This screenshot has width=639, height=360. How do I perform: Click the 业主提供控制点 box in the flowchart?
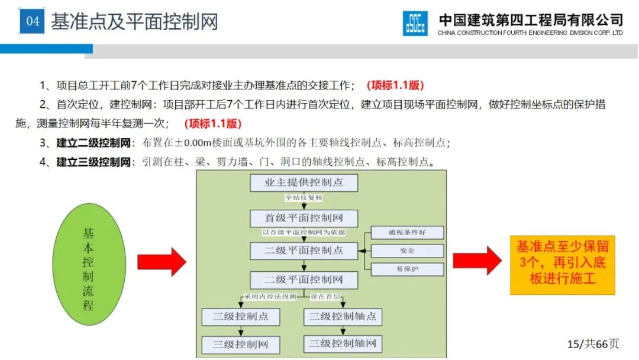coord(304,183)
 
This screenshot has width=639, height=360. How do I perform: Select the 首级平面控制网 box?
coord(304,218)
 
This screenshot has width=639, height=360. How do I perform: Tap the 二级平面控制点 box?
coord(304,250)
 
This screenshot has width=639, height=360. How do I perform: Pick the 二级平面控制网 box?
coord(304,279)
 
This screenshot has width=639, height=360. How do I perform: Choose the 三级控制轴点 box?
coord(343,317)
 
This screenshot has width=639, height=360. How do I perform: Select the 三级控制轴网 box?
coord(343,343)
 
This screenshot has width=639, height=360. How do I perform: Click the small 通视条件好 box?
coord(407,233)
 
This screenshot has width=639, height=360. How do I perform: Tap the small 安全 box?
coord(407,251)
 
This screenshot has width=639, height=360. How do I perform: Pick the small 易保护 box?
coord(407,269)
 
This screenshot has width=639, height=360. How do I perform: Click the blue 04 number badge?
coord(33,22)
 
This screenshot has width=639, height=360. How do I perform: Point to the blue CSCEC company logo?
coord(415,23)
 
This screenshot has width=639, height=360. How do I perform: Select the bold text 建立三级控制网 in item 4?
coord(93,162)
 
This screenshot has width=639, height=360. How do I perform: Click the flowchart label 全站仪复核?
coord(304,198)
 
